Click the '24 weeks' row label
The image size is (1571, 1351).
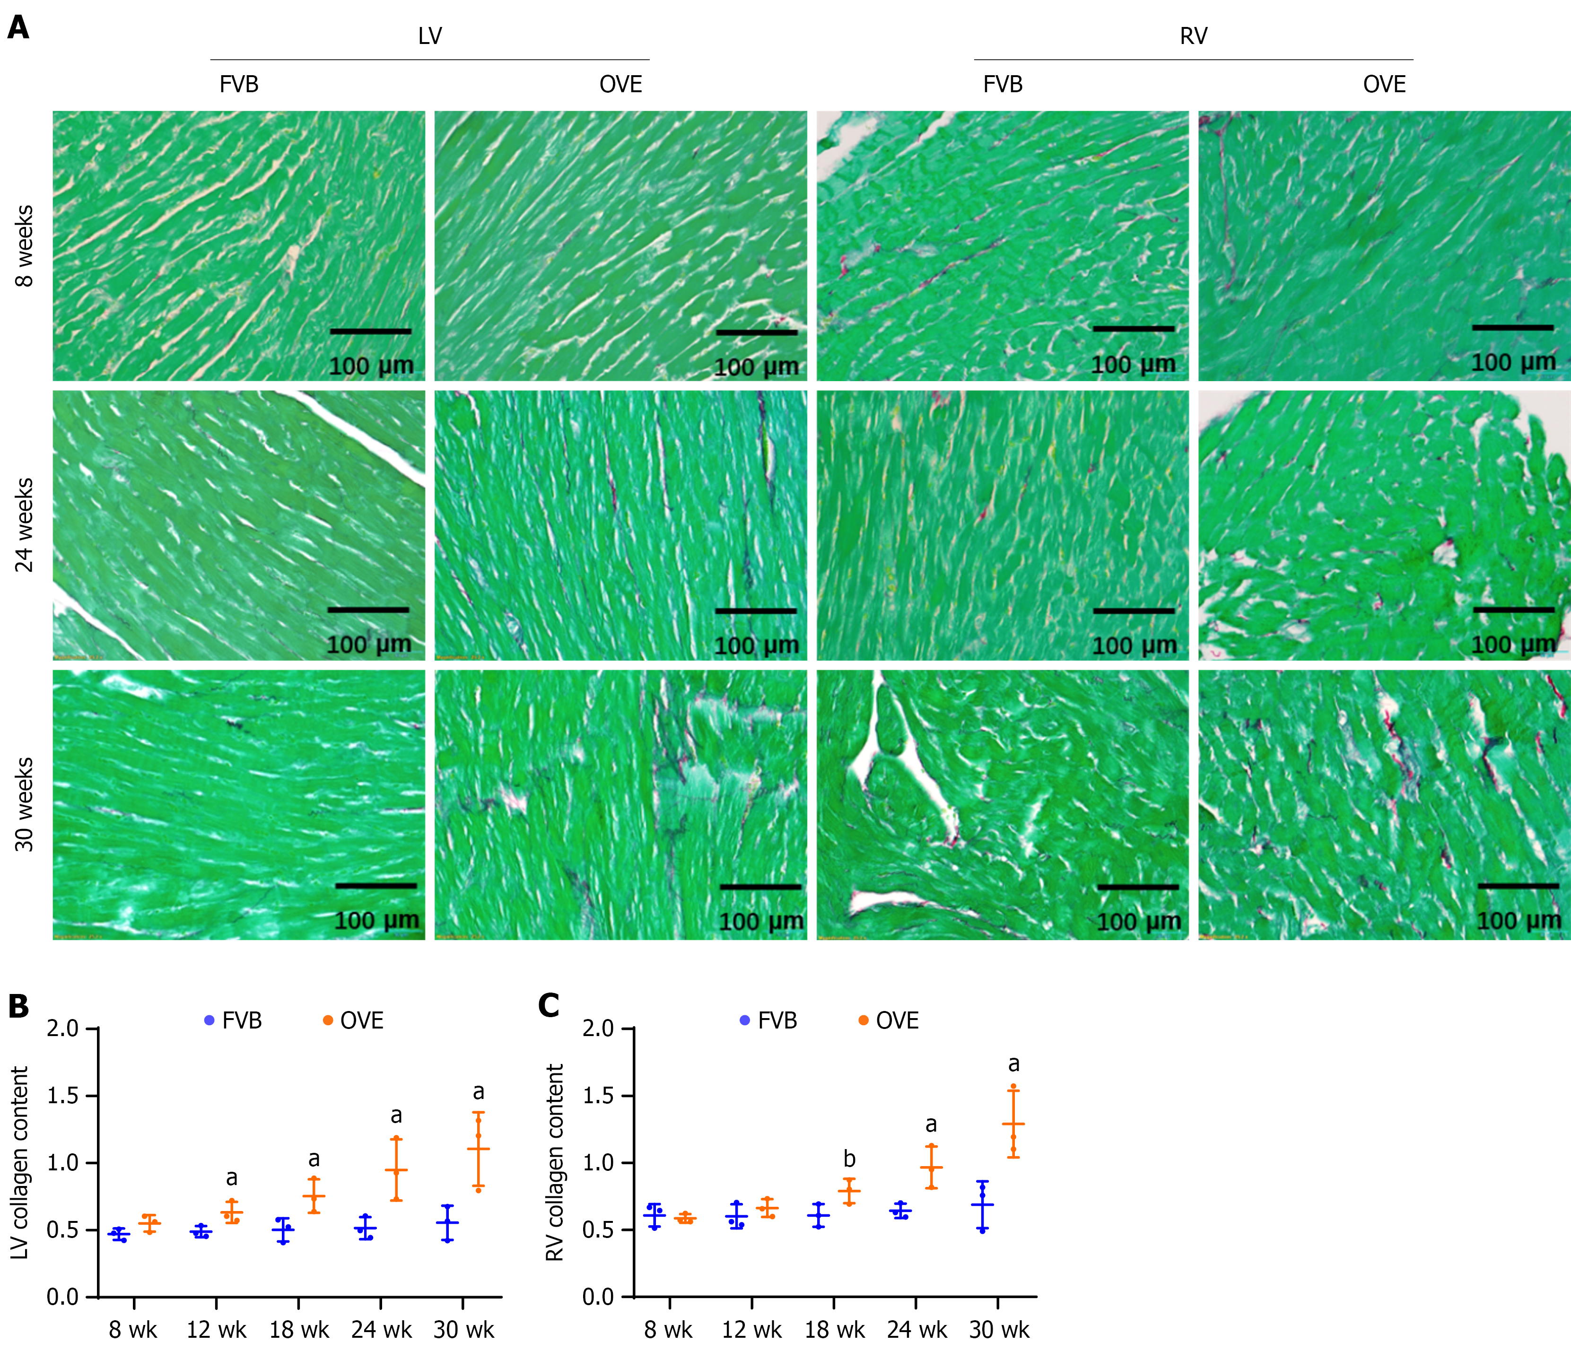point(25,524)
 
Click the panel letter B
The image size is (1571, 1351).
point(18,1006)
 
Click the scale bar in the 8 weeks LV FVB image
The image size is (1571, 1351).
point(371,331)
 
